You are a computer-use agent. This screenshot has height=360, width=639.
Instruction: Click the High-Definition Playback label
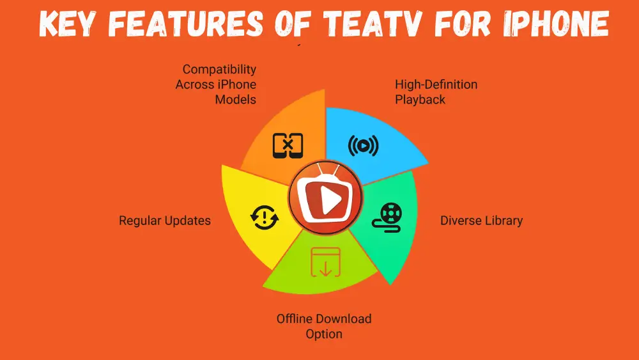coord(436,92)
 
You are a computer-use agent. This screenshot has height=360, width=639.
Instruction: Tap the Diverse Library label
coord(481,221)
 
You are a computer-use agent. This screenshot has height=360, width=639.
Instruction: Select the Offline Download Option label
coord(324,326)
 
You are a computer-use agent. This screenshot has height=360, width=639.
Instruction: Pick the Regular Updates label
coord(165,221)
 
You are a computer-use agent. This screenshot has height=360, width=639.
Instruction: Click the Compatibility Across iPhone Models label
coord(216,84)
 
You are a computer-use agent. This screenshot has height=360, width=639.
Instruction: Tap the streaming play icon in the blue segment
coord(363,146)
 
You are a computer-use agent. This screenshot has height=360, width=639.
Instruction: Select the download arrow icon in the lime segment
coord(325,262)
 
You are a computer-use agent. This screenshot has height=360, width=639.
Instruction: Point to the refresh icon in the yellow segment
coord(264,217)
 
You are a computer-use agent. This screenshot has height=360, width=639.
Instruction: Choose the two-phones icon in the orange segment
coord(288,146)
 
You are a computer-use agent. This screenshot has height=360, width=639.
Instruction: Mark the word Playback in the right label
coord(420,100)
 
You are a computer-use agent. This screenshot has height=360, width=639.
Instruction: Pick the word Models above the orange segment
coord(235,100)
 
